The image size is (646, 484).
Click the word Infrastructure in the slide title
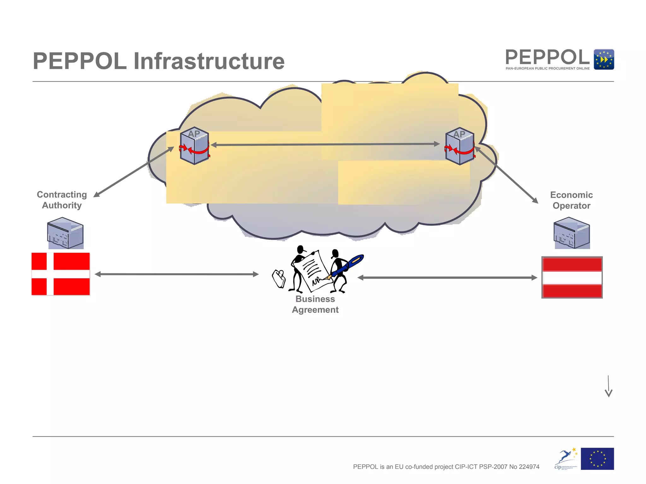209,61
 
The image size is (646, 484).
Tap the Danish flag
61,274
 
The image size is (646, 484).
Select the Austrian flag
572,277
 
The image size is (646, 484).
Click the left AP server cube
194,146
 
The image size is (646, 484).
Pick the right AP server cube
460,146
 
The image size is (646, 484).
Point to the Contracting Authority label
62,200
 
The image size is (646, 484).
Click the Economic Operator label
571,200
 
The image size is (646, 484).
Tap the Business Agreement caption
315,304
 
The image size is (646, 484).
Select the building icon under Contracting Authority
65,233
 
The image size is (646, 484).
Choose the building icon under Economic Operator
572,233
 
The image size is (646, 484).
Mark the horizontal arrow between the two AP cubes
325,144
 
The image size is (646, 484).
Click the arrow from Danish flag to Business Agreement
177,274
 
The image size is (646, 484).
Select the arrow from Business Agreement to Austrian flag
447,278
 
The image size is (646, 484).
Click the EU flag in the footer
597,459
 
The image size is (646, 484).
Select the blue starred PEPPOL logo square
604,59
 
